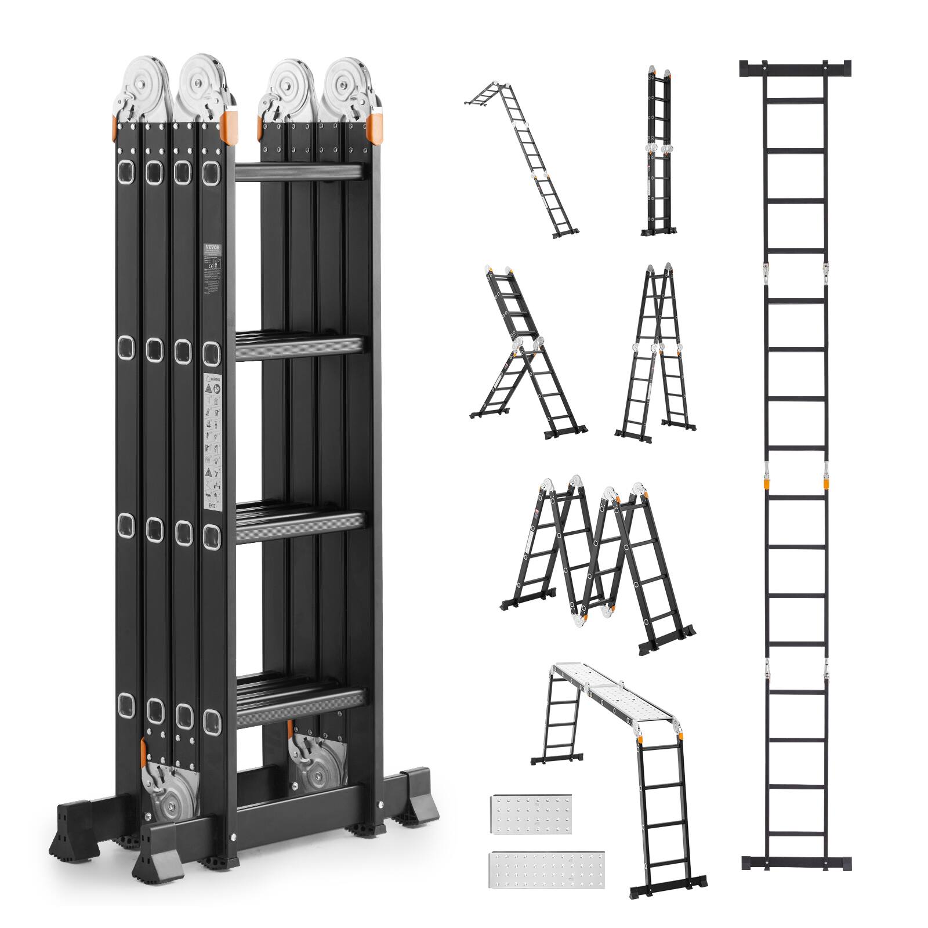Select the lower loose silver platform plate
pos(546,869)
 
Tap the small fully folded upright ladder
pos(658,151)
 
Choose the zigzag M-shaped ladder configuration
pos(597,557)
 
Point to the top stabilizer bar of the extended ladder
pos(795,68)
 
